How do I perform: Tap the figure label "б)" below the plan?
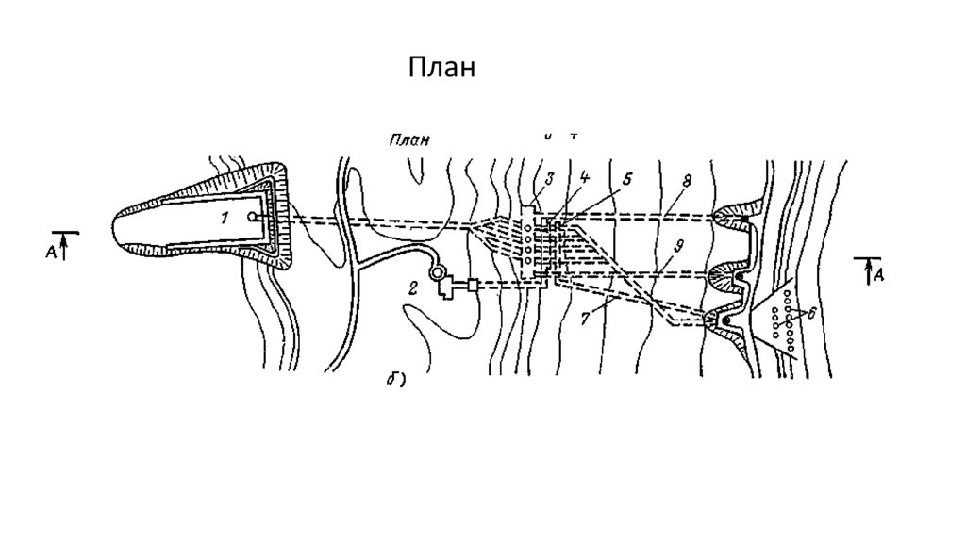395,380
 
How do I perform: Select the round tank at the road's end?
436,273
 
